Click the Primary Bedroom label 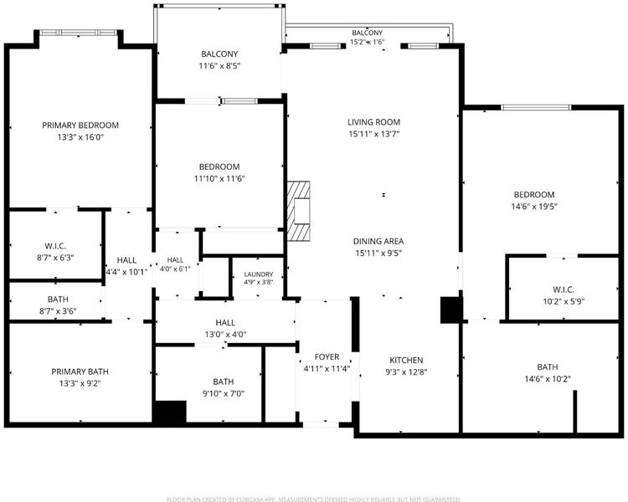coord(80,125)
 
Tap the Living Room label coord(373,122)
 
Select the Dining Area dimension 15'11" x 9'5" coord(378,253)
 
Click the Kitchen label coord(406,360)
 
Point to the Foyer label coord(327,356)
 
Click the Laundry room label coord(259,274)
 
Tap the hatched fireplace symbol coord(298,211)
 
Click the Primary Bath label coord(80,371)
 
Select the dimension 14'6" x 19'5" coord(534,207)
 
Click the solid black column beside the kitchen coord(451,310)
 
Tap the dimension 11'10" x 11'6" coord(219,178)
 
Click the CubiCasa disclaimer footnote coord(314,499)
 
